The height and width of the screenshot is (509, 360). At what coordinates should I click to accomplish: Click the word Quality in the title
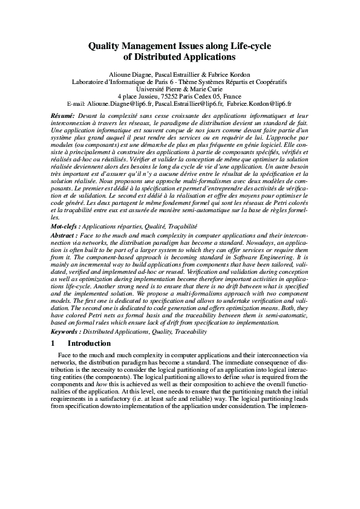click(x=106, y=46)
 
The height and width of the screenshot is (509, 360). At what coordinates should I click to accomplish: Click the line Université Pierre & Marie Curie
click(x=180, y=89)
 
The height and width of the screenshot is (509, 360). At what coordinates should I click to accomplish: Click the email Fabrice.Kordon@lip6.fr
click(x=260, y=103)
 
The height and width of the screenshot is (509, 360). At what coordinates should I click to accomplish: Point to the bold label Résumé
click(x=62, y=115)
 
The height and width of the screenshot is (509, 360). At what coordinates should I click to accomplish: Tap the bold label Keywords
click(x=66, y=331)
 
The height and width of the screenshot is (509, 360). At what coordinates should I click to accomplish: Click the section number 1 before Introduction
click(x=53, y=343)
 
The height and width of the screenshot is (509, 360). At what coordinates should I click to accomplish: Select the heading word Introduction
click(x=90, y=343)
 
